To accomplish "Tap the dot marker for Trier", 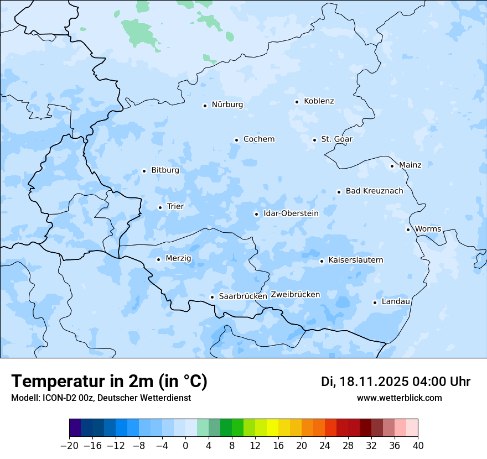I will (160, 207).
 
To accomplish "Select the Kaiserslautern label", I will (355, 260).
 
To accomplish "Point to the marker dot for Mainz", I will (392, 166).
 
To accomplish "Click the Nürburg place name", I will (227, 105).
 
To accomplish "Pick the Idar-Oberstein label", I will (291, 213).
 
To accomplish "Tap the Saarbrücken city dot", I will (212, 297).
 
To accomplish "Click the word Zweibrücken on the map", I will (295, 295).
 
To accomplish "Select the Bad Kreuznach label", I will (374, 191).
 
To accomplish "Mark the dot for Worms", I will (408, 229).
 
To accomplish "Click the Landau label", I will (396, 301).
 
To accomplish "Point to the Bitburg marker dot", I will (144, 171).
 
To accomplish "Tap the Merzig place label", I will (178, 258).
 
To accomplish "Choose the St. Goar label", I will (336, 139).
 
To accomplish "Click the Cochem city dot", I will (236, 140).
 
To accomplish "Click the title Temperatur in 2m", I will (109, 382).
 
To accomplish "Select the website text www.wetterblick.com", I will (399, 398).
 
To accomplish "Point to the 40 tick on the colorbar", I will (418, 446).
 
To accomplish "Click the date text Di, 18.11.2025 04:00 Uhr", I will (395, 382).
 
